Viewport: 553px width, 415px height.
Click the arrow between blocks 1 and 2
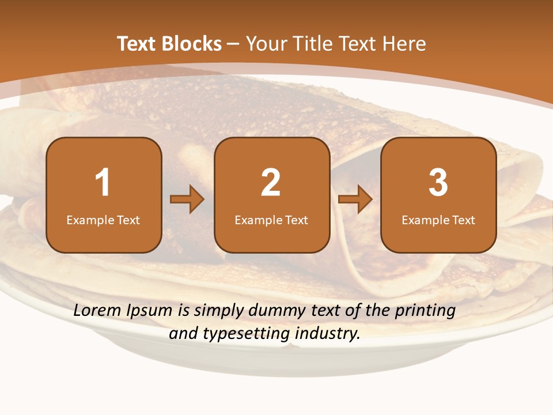pyautogui.click(x=187, y=199)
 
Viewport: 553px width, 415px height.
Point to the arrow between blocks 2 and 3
pyautogui.click(x=355, y=199)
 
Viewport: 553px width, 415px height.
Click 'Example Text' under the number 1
pyautogui.click(x=103, y=220)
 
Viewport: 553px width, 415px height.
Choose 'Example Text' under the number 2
pyautogui.click(x=271, y=220)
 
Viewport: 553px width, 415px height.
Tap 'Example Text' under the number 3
pyautogui.click(x=438, y=220)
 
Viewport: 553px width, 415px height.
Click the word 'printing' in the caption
pyautogui.click(x=425, y=311)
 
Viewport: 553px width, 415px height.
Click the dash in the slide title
pyautogui.click(x=234, y=44)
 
